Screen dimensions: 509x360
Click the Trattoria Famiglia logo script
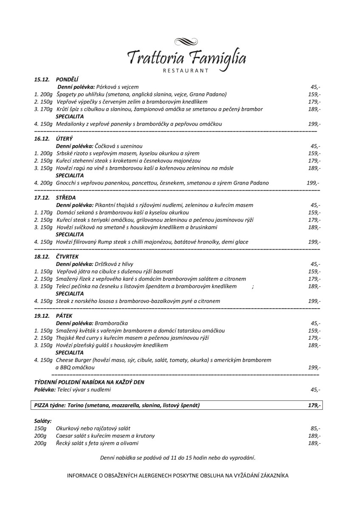tap(186, 58)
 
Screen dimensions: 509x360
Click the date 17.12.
tap(42, 198)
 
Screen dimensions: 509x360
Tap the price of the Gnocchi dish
tap(312, 183)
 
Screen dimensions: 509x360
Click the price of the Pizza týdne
tap(314, 406)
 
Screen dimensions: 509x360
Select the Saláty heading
tap(43, 421)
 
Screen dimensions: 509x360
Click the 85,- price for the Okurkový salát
tap(315, 428)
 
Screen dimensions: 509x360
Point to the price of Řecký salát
tap(314, 443)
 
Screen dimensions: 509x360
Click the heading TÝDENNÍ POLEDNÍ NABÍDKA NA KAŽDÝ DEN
tap(89, 382)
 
